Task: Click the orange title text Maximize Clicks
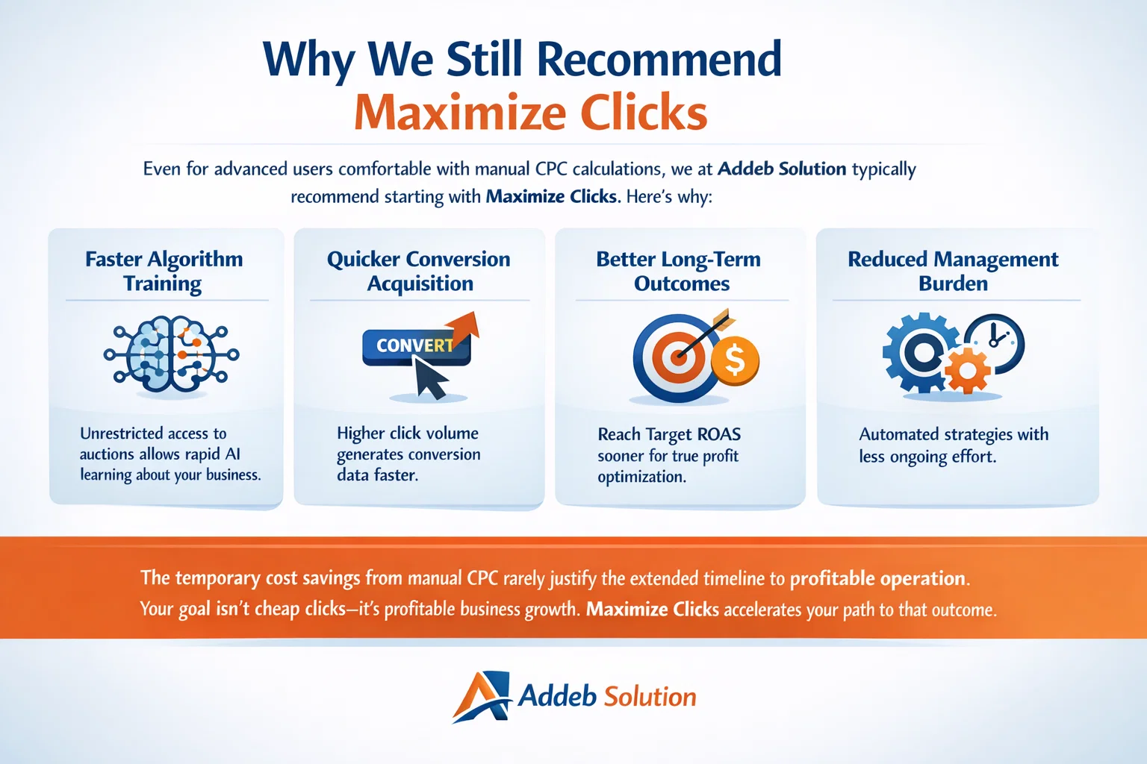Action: click(x=530, y=113)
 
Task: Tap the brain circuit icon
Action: click(x=172, y=354)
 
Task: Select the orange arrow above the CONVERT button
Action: click(x=463, y=327)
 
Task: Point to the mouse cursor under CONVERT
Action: click(x=430, y=378)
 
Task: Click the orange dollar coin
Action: click(x=735, y=361)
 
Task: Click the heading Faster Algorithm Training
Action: click(x=164, y=271)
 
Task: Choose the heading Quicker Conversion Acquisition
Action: click(x=419, y=271)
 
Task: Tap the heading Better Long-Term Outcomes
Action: click(x=679, y=271)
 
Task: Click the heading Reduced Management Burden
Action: click(x=953, y=271)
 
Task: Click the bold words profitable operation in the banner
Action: click(x=878, y=578)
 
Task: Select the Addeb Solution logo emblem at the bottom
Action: click(x=482, y=696)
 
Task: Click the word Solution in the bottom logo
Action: click(x=650, y=697)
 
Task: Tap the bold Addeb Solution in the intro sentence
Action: click(x=782, y=169)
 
